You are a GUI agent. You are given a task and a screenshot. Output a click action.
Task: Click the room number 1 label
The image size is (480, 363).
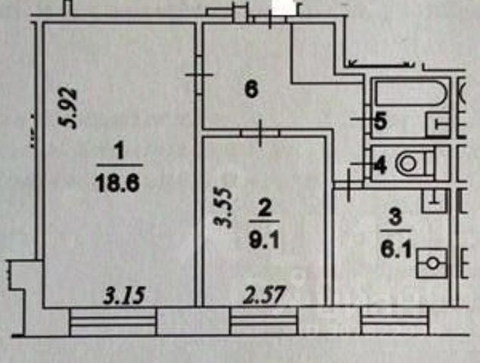[118, 153]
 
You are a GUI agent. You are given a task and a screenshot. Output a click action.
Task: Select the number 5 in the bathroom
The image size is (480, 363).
[380, 120]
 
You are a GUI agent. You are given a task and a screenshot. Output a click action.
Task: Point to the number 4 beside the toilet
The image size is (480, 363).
[380, 164]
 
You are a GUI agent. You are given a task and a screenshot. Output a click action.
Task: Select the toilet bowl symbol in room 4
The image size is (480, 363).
[413, 162]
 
